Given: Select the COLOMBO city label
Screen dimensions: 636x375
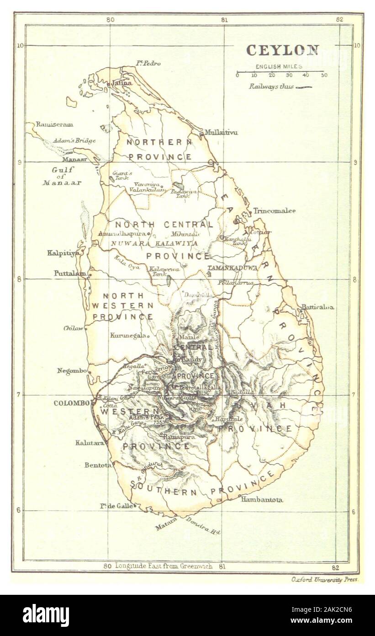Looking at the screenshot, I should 71,403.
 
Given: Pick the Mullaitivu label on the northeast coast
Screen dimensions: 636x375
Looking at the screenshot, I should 221,133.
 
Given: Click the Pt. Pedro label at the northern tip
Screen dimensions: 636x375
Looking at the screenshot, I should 148,63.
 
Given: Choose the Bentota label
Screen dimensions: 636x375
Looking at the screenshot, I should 98,465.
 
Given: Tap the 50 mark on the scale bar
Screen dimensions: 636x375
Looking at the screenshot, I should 323,75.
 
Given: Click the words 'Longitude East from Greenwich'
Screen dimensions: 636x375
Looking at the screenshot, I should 164,566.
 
